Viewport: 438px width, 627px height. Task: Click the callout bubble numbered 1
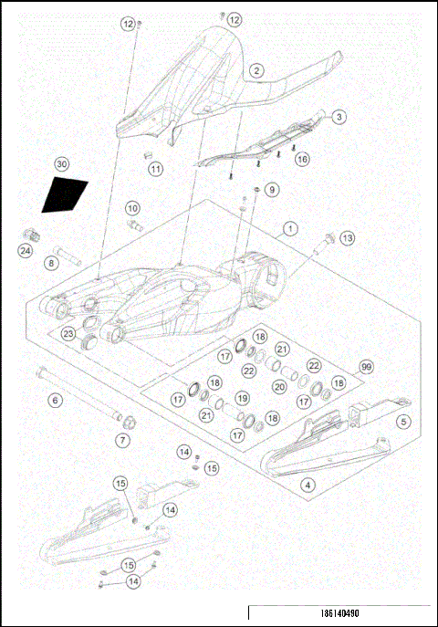[x=290, y=227]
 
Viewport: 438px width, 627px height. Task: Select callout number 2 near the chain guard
[x=256, y=70]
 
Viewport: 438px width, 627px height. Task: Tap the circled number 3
[x=339, y=117]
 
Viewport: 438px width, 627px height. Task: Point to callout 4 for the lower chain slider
[x=308, y=484]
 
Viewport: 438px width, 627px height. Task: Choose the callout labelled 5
[x=402, y=421]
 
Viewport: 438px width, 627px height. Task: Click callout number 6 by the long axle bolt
[x=55, y=400]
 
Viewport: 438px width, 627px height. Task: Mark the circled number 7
[x=123, y=439]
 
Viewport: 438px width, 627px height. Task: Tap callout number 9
[x=272, y=189]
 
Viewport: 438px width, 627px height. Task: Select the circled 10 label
[x=132, y=208]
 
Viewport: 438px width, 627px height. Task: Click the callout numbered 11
[x=156, y=169]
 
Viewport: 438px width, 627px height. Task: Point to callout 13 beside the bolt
[x=347, y=238]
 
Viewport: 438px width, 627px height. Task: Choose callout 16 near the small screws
[x=302, y=158]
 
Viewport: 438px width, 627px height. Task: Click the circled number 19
[x=242, y=399]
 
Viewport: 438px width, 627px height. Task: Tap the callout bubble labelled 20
[x=280, y=386]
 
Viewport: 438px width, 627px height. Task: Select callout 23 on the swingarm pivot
[x=68, y=334]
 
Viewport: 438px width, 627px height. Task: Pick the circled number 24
[x=26, y=251]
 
